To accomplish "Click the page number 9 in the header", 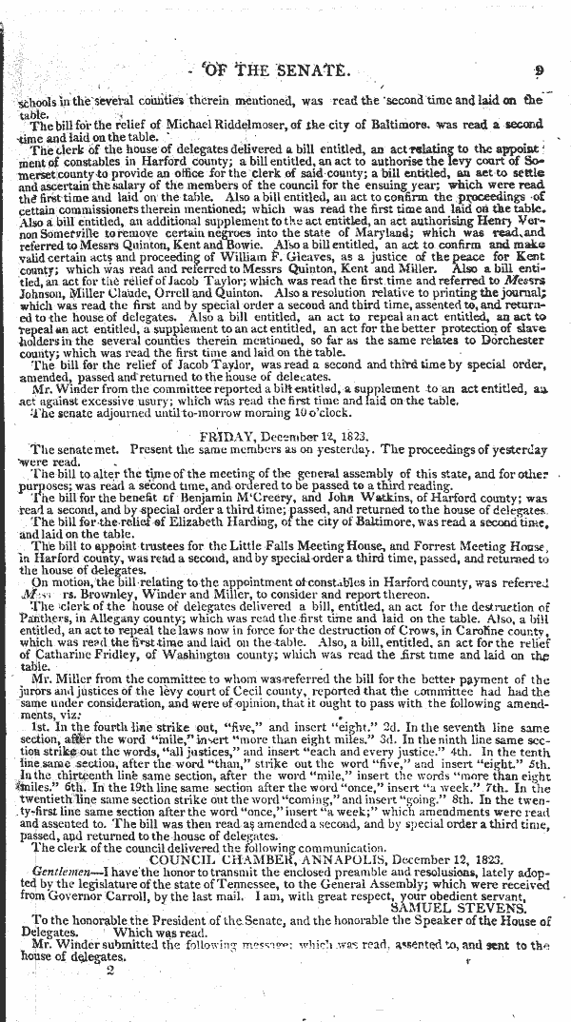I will coord(538,69).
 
